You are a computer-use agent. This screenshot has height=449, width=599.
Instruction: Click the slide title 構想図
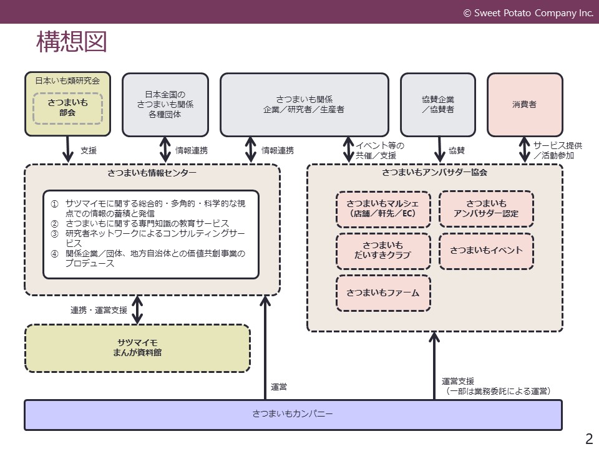click(x=71, y=42)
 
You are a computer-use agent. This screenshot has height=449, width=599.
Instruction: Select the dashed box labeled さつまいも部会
click(x=67, y=108)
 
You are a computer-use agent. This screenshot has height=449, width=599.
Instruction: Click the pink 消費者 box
click(x=525, y=105)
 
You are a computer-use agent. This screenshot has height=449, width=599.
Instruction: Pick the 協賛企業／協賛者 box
click(x=438, y=105)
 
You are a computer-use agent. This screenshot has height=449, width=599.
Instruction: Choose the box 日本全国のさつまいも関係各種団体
click(x=165, y=105)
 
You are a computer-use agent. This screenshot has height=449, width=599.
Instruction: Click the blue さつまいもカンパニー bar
click(x=293, y=415)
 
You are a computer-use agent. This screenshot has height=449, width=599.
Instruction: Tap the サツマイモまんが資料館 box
click(x=137, y=348)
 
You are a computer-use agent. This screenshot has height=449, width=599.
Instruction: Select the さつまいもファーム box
click(x=383, y=293)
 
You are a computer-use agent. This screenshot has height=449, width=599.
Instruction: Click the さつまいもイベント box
click(x=486, y=251)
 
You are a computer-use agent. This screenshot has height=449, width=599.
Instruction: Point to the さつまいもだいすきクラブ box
click(x=383, y=251)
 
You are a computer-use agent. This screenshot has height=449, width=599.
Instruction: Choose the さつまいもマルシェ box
click(x=383, y=209)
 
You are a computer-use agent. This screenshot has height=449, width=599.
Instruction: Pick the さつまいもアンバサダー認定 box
click(x=486, y=209)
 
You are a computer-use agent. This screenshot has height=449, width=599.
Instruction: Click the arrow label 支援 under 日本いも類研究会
click(x=89, y=151)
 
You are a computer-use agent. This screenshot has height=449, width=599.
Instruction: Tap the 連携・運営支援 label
click(x=99, y=310)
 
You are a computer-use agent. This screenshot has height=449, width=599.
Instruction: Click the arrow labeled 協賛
click(x=439, y=150)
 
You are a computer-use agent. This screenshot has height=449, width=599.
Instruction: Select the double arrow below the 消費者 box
click(x=525, y=150)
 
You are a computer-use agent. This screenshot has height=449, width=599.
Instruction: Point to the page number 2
click(x=589, y=438)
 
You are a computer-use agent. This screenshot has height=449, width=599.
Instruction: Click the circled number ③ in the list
click(x=55, y=234)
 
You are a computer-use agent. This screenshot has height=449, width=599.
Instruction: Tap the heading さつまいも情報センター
click(x=152, y=173)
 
